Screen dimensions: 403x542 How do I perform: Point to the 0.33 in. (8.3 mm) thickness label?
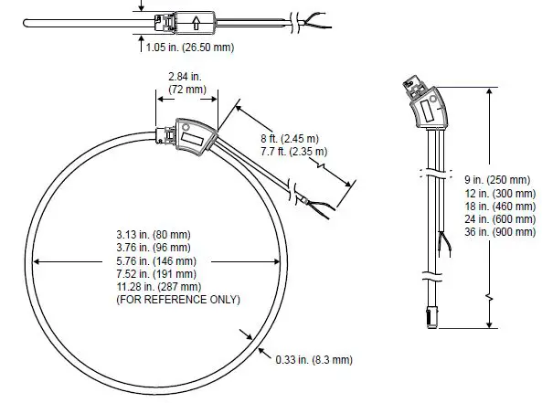pyautogui.click(x=313, y=359)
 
